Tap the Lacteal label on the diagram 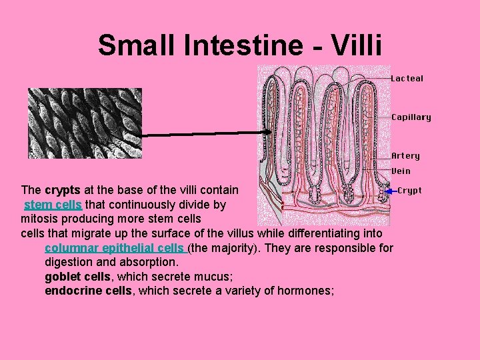click(407, 79)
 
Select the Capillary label click(411, 117)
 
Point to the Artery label click(405, 156)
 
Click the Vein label click(401, 171)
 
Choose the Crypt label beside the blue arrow click(409, 191)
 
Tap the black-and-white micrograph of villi click(85, 123)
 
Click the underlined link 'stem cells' click(53, 205)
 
